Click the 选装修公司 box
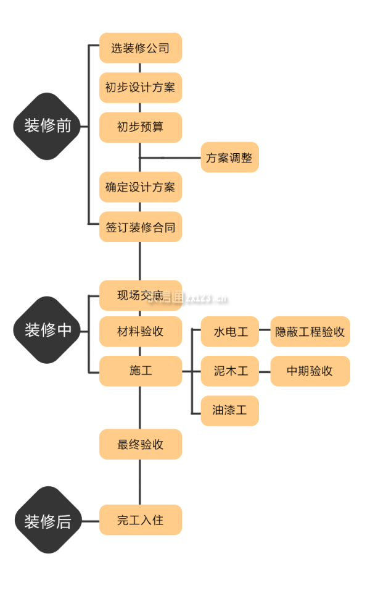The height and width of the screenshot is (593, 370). [141, 48]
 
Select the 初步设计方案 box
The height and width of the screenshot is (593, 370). [141, 88]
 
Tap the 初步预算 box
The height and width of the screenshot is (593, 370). [141, 127]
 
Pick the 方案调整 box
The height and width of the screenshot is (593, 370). [229, 158]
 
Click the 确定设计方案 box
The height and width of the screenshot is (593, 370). [141, 187]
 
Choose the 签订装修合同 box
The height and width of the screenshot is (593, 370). [141, 227]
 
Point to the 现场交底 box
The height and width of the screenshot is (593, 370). [141, 295]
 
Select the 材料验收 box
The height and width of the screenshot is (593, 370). [141, 331]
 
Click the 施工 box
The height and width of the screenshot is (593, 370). [141, 371]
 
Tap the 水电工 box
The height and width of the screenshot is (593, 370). [229, 332]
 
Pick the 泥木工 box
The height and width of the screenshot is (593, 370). [229, 371]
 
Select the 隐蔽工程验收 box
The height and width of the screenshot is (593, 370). [310, 332]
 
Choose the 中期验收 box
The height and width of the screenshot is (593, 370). [310, 371]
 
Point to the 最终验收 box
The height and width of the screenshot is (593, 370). [141, 444]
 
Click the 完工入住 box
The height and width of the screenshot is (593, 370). [141, 519]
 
